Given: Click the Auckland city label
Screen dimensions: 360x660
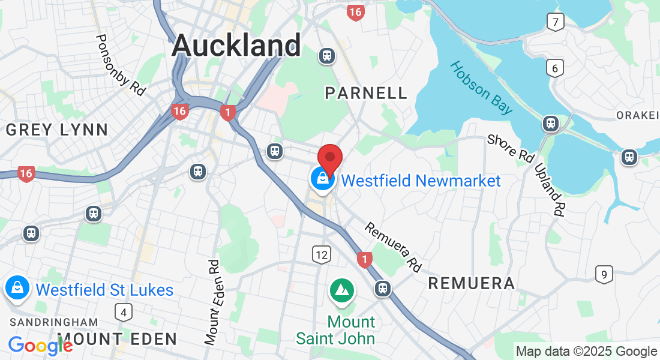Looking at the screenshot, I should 236,46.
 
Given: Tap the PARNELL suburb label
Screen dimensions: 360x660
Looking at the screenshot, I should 365,92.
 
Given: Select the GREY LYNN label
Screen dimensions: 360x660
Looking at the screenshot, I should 56,129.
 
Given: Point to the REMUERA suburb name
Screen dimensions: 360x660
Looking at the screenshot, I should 471,283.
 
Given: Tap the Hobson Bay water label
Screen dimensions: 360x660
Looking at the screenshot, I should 482,88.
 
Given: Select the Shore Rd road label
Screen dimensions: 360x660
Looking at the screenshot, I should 510,149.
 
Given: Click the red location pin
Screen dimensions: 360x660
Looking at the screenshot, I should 329,158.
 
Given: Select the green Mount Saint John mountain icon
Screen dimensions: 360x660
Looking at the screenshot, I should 342,290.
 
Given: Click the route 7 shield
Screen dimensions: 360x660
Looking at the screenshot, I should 556,23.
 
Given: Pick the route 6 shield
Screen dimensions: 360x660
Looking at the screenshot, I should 555,68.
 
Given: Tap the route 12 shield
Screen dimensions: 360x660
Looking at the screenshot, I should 322,254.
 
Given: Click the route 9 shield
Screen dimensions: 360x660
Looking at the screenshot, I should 604,275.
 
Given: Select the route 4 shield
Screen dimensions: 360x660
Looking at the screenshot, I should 124,311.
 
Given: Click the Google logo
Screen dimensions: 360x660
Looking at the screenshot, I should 40,346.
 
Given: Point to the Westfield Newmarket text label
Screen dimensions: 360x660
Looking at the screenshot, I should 421,181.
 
